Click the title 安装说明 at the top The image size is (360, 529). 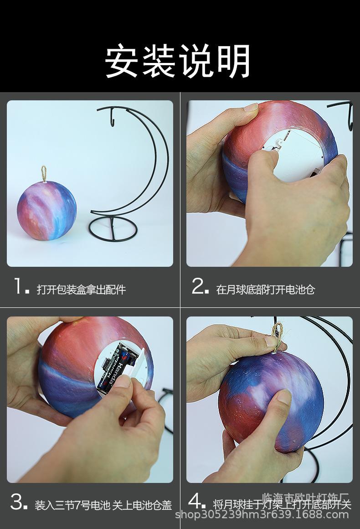178,61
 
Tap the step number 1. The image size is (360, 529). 19,287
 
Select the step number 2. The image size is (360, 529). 199,287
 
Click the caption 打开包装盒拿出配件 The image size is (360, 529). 81,290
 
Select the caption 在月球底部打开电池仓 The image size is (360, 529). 265,290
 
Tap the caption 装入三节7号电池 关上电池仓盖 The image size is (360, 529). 103,505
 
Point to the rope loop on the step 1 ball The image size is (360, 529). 44,174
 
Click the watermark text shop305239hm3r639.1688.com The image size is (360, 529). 262,515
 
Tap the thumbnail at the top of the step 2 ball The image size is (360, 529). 251,108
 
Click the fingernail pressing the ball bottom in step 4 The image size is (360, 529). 284,396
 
